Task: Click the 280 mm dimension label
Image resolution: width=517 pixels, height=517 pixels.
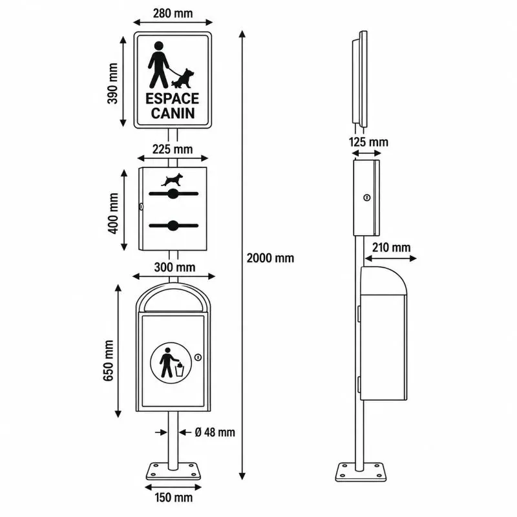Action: point(173,14)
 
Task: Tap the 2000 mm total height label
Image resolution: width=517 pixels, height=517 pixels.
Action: point(270,258)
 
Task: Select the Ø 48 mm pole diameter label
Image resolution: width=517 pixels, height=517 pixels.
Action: point(215,432)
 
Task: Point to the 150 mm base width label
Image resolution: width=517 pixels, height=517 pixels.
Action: point(173,497)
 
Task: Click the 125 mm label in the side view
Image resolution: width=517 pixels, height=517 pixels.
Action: point(368,142)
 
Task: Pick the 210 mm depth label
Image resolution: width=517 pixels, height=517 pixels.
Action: point(392,248)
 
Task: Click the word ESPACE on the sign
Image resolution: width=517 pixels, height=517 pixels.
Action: point(172,99)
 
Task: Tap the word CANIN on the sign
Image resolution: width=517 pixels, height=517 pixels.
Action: point(173,113)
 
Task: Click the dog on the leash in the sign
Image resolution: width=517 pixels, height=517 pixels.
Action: point(183,79)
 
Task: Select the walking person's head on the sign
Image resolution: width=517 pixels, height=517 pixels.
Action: point(158,46)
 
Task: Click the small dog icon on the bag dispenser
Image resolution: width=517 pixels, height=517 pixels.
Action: point(172,180)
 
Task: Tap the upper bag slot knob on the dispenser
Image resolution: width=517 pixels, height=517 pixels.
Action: point(173,193)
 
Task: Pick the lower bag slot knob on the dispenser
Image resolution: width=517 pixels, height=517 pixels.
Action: point(173,226)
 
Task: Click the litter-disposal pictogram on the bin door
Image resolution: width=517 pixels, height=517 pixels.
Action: point(171,363)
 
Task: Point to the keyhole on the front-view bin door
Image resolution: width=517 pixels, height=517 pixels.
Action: point(198,357)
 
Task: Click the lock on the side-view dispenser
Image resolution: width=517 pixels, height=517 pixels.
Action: point(366,198)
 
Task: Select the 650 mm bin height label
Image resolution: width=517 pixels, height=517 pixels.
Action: point(109,361)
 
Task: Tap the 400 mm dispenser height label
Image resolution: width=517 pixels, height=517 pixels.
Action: point(113,213)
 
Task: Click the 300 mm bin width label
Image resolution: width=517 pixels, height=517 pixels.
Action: point(174,267)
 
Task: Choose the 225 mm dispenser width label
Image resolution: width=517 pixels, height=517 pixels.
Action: point(173,149)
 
